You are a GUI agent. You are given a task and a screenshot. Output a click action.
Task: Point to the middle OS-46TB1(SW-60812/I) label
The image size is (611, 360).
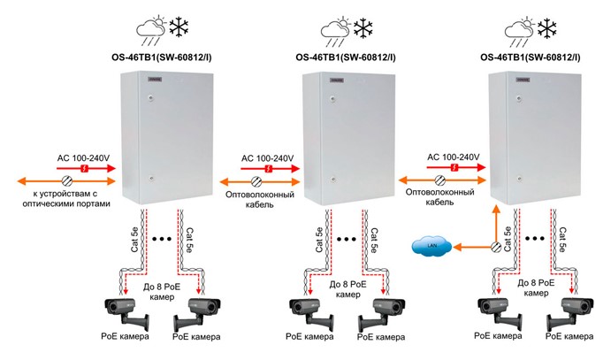[346, 59]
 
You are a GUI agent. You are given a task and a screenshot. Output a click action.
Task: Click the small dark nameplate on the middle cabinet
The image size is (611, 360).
[336, 80]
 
